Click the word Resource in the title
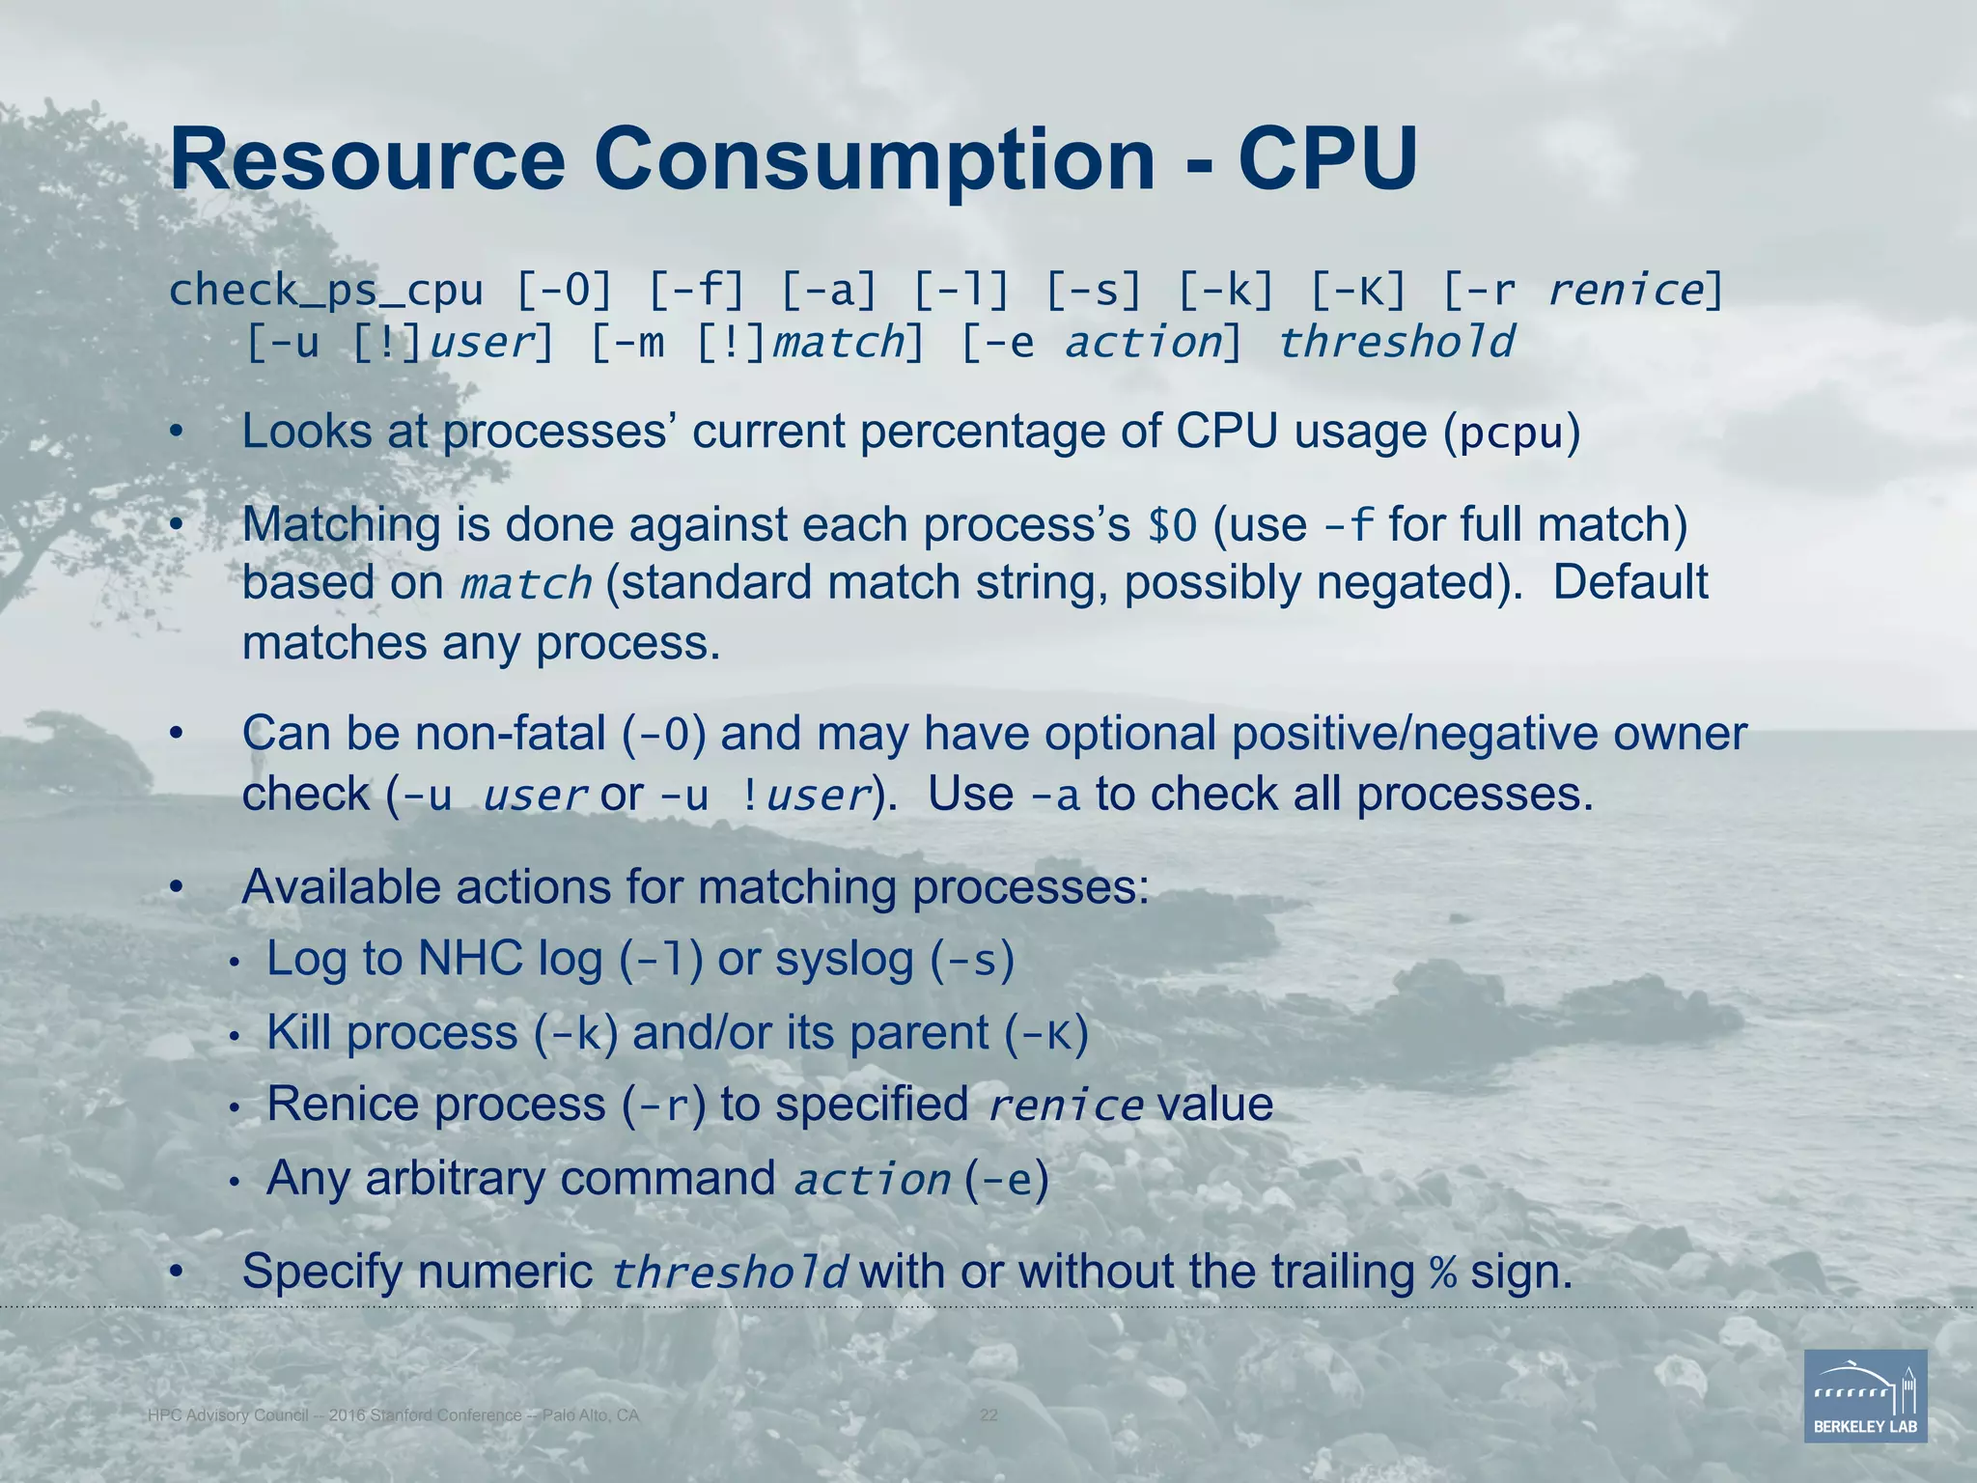[367, 159]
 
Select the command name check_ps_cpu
[326, 291]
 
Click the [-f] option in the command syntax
[697, 291]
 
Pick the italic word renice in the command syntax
[1627, 291]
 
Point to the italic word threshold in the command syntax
[1396, 343]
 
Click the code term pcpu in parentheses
[1512, 434]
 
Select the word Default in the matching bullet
[1630, 583]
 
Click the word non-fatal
[511, 734]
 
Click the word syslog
[845, 960]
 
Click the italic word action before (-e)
[872, 1180]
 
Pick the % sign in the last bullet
[1443, 1273]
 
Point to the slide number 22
[988, 1415]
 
